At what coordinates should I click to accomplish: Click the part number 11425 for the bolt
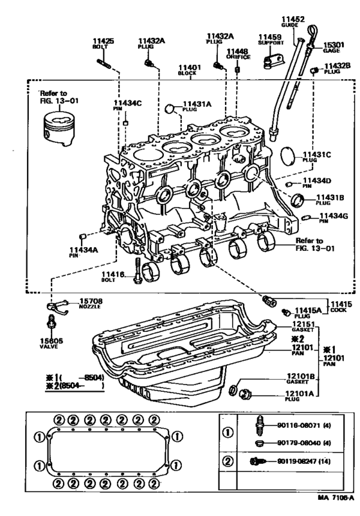click(104, 41)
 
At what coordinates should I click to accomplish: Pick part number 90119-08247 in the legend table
click(296, 462)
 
